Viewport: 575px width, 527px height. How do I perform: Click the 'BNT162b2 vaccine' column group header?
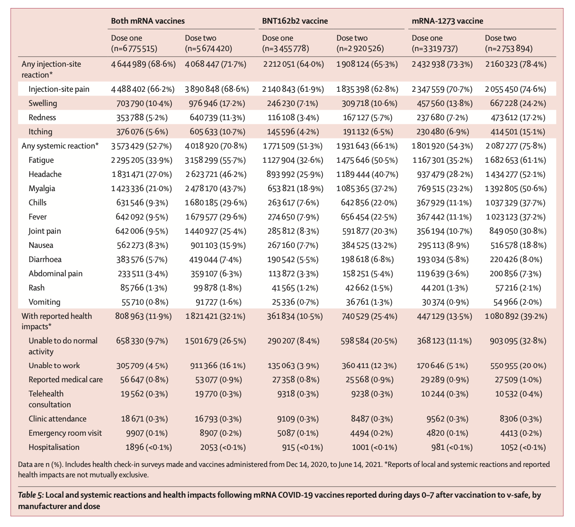pos(295,21)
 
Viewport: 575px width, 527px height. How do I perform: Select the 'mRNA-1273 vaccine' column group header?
pos(448,21)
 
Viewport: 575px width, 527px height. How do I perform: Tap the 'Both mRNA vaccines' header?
pos(148,21)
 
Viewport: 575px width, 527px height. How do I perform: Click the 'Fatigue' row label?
pos(41,160)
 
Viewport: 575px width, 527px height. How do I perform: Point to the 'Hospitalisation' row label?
pos(54,447)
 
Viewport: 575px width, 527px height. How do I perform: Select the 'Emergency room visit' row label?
pos(65,433)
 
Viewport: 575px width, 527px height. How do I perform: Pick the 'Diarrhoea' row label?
pos(45,259)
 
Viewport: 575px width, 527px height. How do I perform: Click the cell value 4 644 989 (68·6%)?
pos(144,64)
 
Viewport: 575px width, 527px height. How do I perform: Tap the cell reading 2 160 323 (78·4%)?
pos(515,64)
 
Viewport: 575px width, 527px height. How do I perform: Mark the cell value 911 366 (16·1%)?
pos(216,365)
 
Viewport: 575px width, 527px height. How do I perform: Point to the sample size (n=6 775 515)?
pos(134,48)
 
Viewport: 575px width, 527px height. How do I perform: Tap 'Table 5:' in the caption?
pos(31,495)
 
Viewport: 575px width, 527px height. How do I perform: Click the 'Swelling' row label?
pos(43,103)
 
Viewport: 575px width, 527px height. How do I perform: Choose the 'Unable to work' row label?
pos(54,365)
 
